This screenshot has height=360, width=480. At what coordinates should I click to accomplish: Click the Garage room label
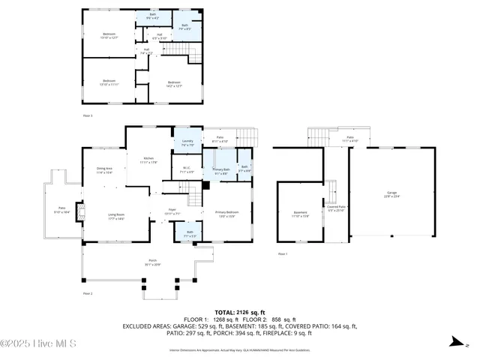391,194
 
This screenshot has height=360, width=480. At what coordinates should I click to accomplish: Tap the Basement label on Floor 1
300,213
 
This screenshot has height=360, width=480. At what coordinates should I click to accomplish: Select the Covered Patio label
336,208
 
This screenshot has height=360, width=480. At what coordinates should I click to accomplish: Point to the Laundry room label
188,143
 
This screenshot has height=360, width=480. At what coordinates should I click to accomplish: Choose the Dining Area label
104,170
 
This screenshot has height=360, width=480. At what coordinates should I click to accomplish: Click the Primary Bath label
220,172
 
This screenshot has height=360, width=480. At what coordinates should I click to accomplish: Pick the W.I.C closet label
187,170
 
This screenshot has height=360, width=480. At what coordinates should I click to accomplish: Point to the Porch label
141,262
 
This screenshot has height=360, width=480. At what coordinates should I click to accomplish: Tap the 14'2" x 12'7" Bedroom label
174,83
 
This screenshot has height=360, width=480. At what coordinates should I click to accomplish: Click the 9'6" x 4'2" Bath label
153,16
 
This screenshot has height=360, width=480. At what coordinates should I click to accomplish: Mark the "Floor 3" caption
88,115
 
